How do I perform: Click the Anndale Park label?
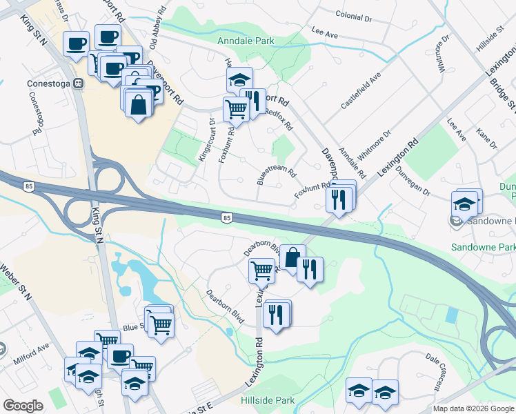(x=246, y=41)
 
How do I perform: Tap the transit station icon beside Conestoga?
(x=78, y=83)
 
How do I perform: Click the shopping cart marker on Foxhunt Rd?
(x=236, y=108)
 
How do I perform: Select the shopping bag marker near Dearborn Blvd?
(x=292, y=257)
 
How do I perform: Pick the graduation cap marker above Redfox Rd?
(x=239, y=79)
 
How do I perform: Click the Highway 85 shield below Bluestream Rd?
(x=226, y=218)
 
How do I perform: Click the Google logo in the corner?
(x=23, y=406)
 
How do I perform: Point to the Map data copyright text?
(x=473, y=408)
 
